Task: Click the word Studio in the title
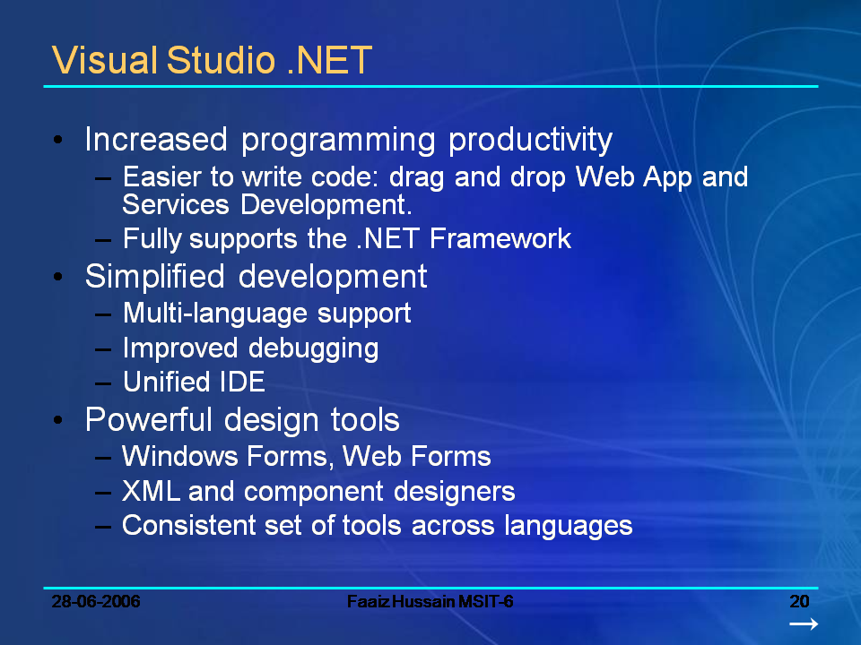[221, 60]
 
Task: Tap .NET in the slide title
[329, 60]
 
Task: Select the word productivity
[530, 142]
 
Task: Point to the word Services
[175, 204]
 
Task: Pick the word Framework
[500, 238]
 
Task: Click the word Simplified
[155, 277]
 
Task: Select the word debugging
[314, 349]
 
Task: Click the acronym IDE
[242, 382]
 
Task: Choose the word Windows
[179, 456]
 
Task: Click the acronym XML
[151, 491]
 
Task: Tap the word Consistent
[188, 525]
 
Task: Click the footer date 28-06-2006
[96, 602]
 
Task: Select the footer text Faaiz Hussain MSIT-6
[430, 602]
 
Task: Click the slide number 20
[799, 602]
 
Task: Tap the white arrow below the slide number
[804, 624]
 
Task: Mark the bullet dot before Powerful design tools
[58, 420]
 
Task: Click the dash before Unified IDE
[102, 383]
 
